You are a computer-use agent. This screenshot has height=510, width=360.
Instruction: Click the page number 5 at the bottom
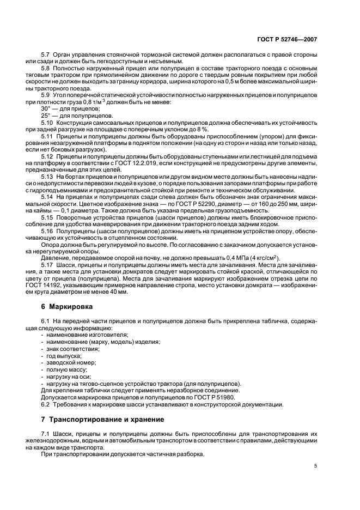(x=316, y=466)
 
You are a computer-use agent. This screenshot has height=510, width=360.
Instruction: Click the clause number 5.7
(x=46, y=56)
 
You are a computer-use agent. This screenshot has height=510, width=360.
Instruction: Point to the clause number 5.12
(x=48, y=157)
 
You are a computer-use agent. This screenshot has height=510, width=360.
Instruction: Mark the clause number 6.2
(x=46, y=404)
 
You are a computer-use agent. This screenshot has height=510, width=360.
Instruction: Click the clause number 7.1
(x=46, y=433)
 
